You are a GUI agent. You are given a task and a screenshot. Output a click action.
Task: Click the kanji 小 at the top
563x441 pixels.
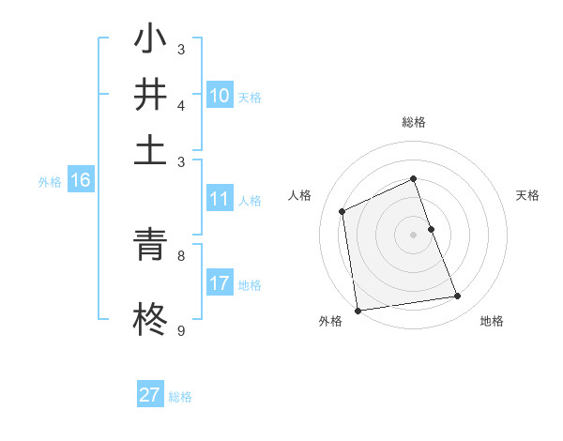[x=150, y=41]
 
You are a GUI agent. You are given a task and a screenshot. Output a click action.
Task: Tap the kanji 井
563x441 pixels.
[x=150, y=95]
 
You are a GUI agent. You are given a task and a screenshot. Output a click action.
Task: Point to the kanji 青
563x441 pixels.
[x=150, y=247]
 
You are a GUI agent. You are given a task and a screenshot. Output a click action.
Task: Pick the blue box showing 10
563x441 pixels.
[x=220, y=96]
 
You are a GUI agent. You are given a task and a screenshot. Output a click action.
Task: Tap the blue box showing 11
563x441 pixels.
[x=220, y=199]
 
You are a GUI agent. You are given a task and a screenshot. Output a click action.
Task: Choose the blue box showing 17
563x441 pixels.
[x=220, y=283]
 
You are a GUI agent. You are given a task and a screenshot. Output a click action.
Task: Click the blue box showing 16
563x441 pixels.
[x=81, y=181]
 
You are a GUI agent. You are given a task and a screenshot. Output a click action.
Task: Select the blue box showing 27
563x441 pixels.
[x=150, y=395]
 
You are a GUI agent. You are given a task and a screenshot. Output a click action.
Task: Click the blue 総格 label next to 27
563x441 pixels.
[x=180, y=397]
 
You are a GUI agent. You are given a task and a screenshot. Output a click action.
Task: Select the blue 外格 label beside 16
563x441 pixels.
[x=50, y=182]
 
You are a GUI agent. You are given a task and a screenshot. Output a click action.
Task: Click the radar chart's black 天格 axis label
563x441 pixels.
[x=527, y=195]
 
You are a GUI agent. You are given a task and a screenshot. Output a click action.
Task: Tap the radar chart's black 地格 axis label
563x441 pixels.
[x=492, y=321]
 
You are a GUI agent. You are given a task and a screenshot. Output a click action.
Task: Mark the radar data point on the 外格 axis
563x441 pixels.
[x=358, y=310]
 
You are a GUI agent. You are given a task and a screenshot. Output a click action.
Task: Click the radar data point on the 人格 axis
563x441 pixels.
[x=342, y=211]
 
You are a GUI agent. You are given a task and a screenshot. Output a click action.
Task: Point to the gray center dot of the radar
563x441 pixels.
[x=413, y=234]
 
